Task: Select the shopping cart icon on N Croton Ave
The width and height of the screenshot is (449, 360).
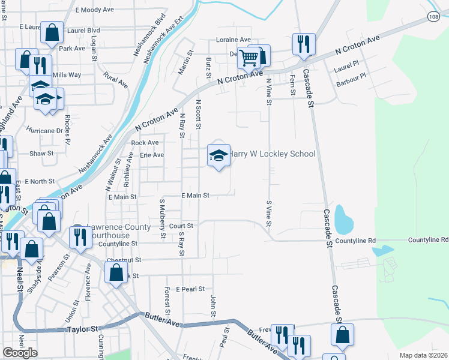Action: pyautogui.click(x=249, y=58)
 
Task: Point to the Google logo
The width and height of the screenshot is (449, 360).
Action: pyautogui.click(x=20, y=353)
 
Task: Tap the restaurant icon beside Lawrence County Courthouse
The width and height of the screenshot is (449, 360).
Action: pyautogui.click(x=79, y=237)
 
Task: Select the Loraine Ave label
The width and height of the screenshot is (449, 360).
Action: pyautogui.click(x=234, y=40)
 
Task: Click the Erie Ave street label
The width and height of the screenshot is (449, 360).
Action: pyautogui.click(x=152, y=155)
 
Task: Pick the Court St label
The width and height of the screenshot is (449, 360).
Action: pyautogui.click(x=181, y=226)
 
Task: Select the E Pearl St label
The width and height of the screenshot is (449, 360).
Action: pyautogui.click(x=190, y=289)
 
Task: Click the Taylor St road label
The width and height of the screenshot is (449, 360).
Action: pyautogui.click(x=82, y=329)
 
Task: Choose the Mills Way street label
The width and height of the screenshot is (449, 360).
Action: pyautogui.click(x=67, y=75)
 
